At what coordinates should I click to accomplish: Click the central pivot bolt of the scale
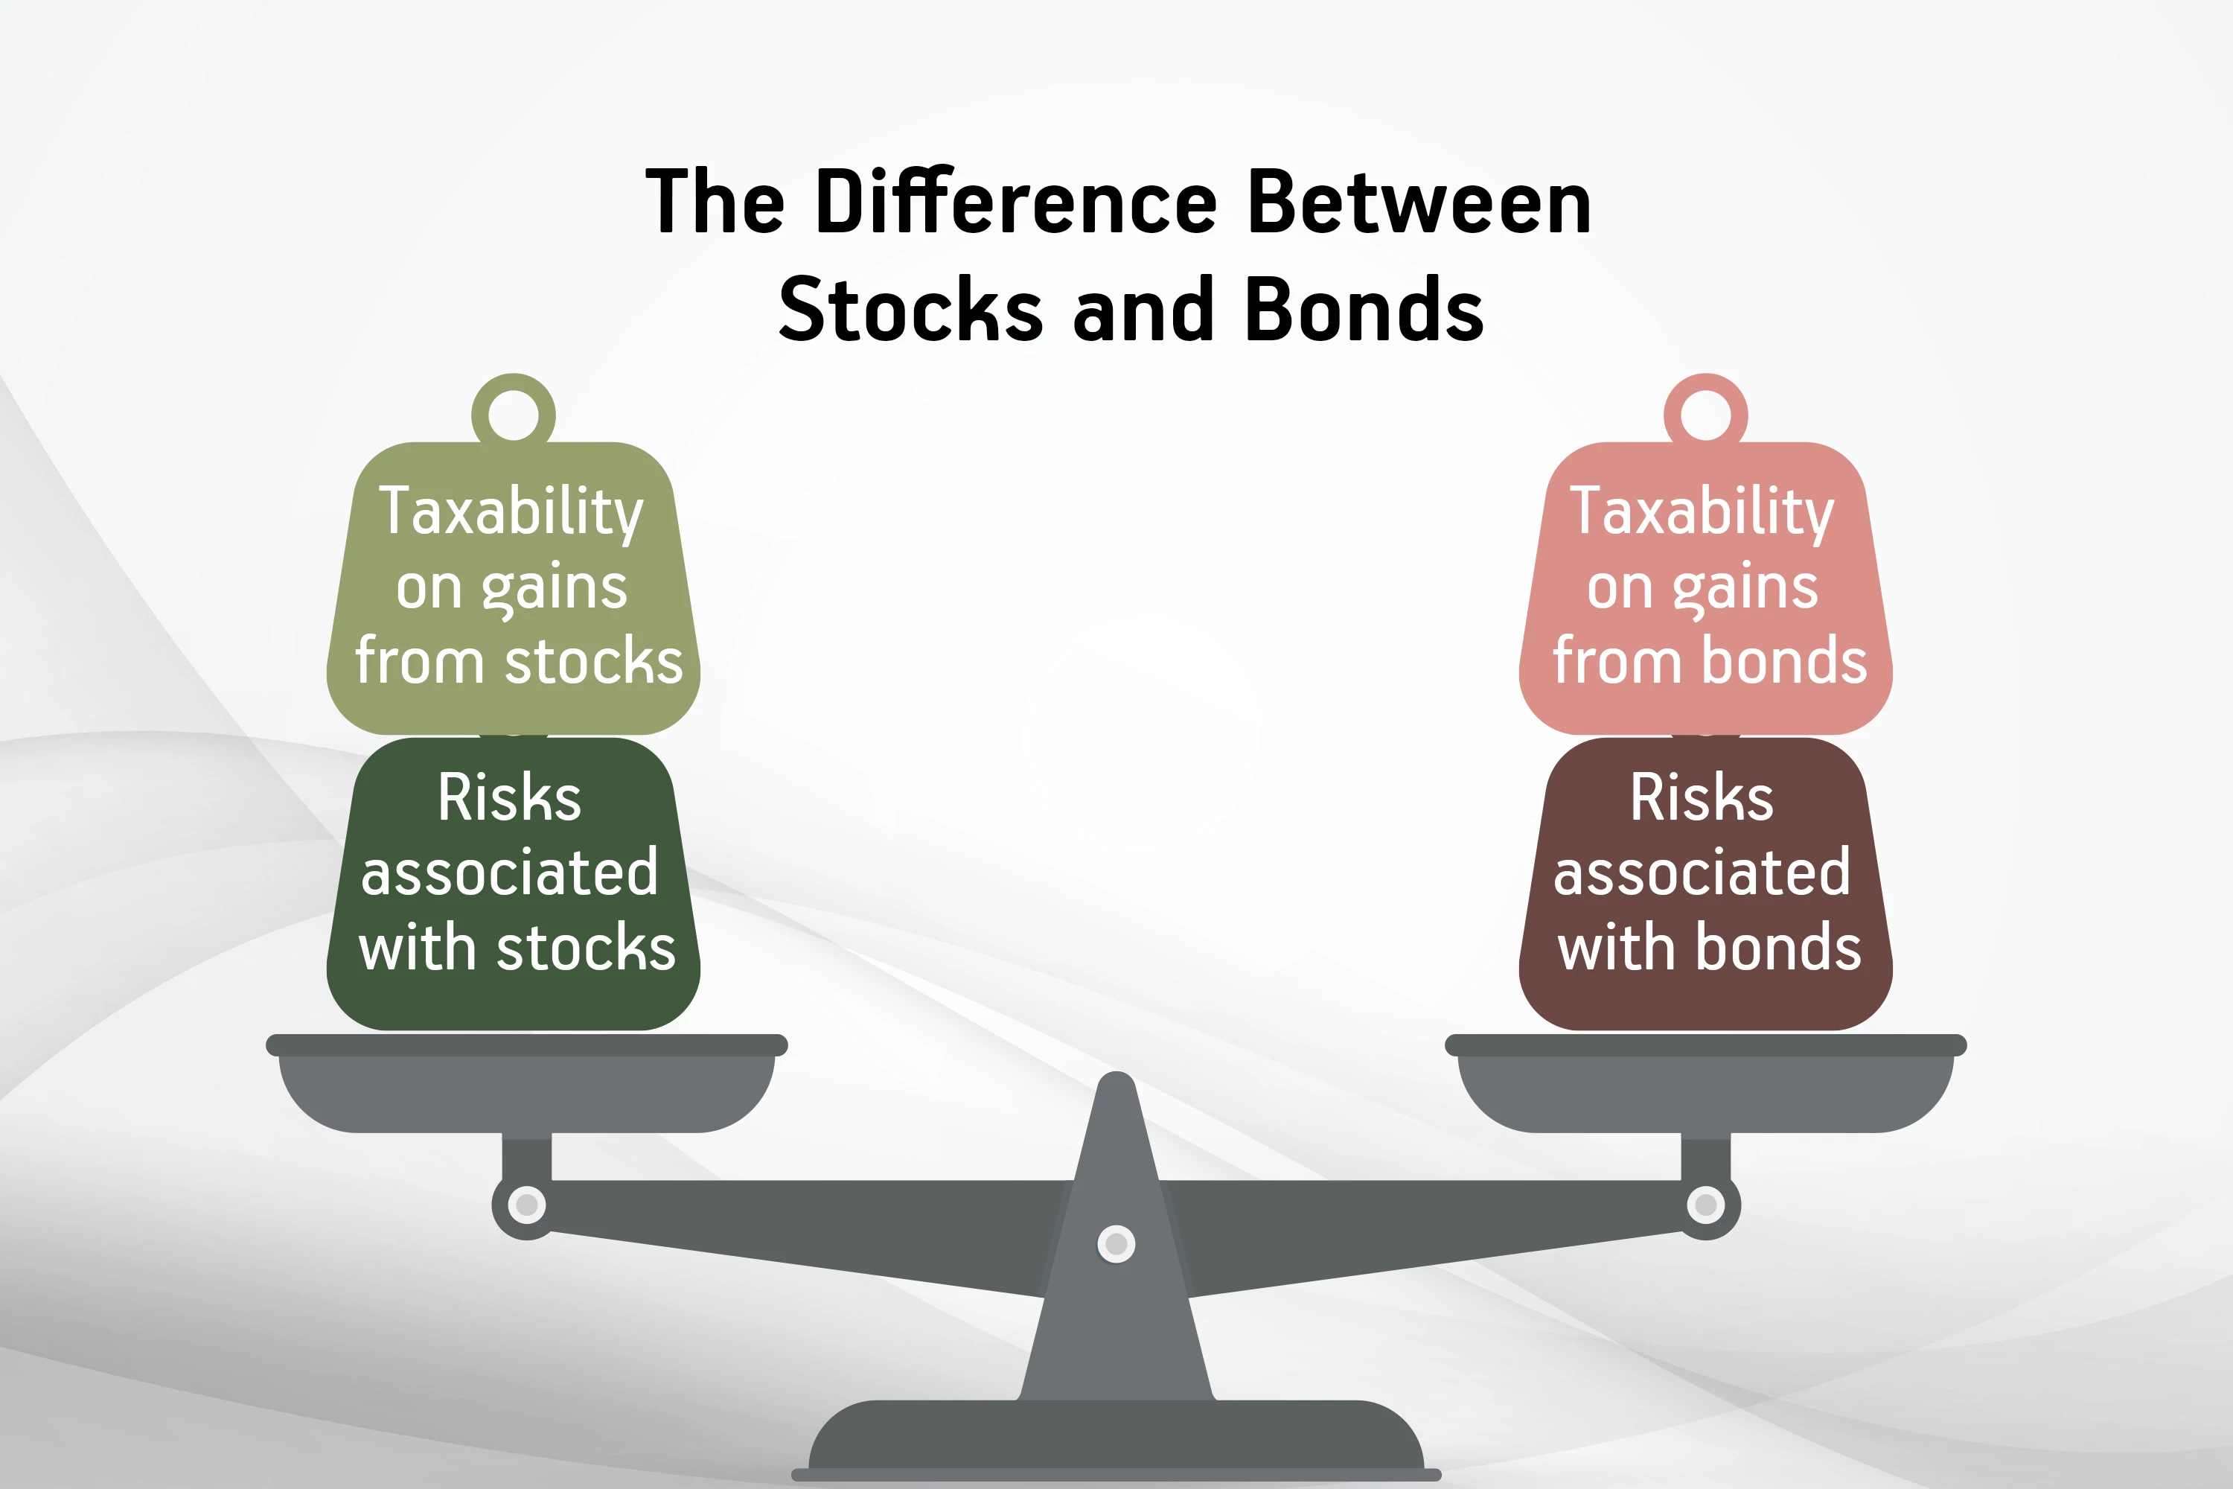tap(1116, 1244)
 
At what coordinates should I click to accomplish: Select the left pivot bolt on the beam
tap(527, 1205)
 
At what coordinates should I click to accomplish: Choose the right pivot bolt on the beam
tap(1706, 1205)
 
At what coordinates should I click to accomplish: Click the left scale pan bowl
tap(527, 1092)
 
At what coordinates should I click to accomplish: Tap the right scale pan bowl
tap(1706, 1092)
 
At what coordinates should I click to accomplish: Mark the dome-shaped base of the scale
tap(1116, 1438)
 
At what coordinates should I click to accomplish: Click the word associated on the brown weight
tap(1702, 873)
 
